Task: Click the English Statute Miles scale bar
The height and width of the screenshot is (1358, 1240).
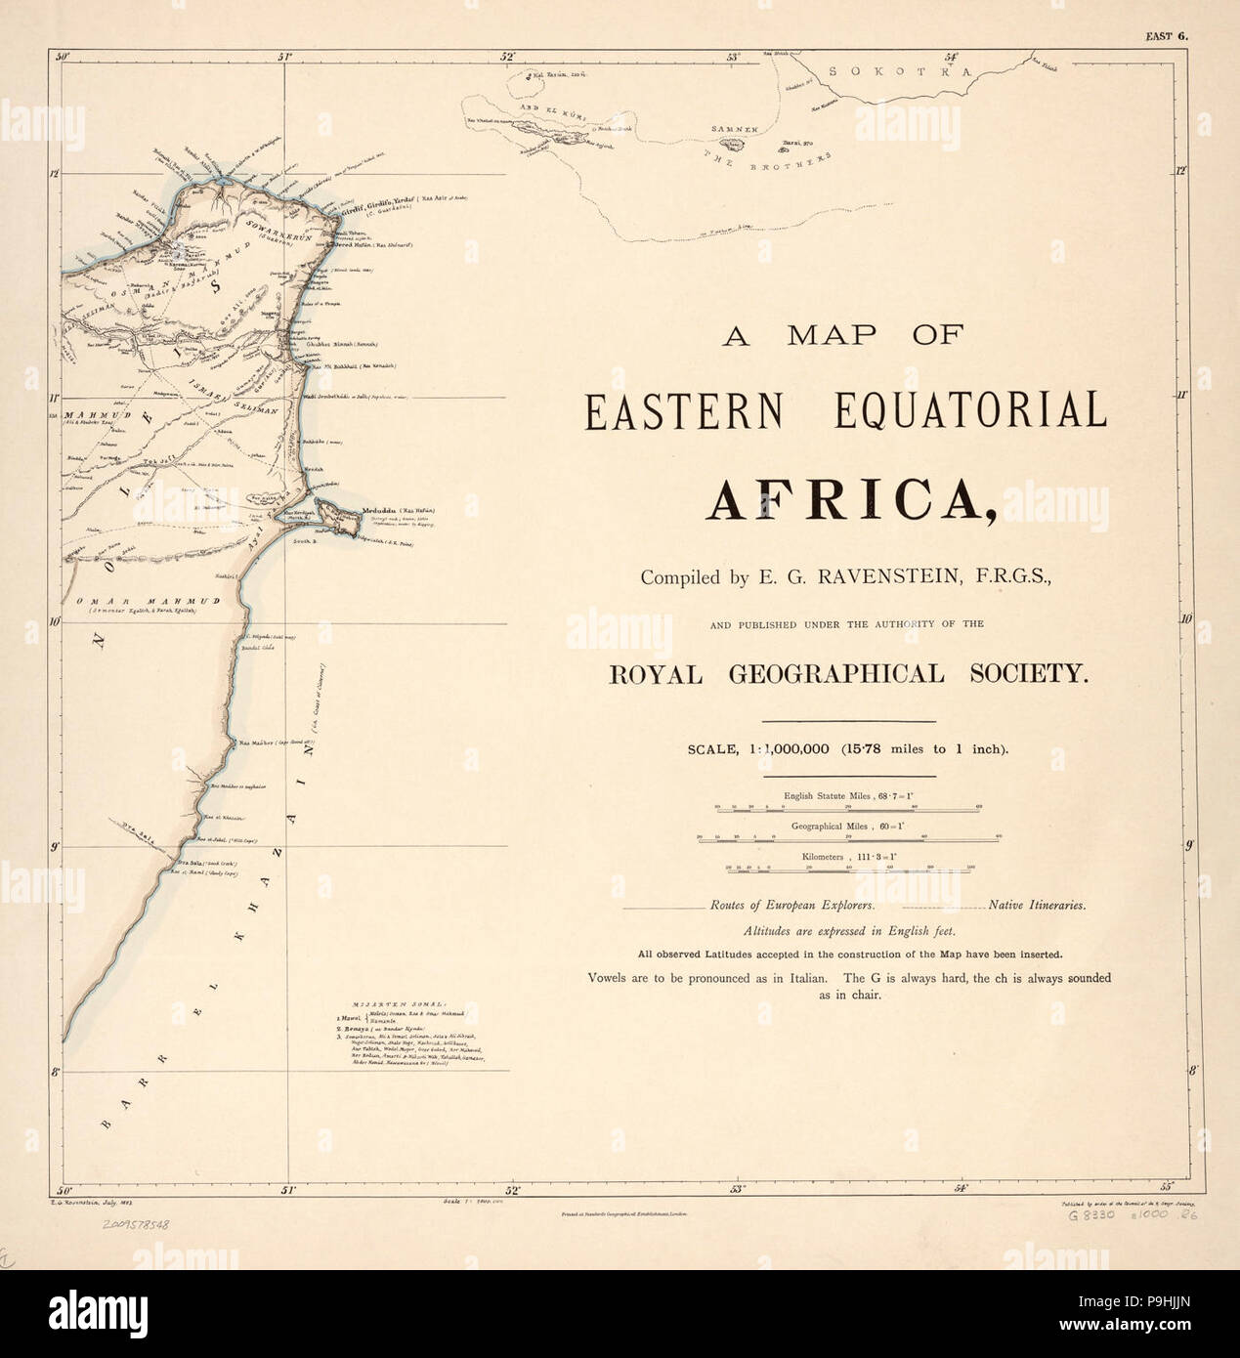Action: (848, 809)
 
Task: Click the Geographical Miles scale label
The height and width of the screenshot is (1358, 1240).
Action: (847, 825)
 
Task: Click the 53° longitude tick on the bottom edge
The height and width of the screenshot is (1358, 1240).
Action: (738, 1189)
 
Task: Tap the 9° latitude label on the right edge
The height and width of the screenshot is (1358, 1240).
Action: (1186, 846)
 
